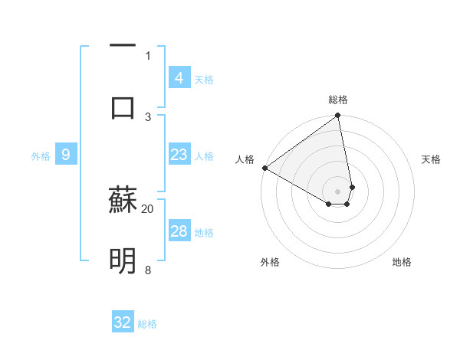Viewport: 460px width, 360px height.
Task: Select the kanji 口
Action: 123,106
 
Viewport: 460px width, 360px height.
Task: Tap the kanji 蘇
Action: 123,201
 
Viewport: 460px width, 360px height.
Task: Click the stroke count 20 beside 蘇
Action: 148,208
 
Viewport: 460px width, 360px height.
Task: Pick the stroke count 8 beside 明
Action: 148,270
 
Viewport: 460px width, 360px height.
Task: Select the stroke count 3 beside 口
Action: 148,116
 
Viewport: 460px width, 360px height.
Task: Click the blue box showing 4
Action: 179,78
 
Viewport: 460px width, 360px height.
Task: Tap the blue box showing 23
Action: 179,155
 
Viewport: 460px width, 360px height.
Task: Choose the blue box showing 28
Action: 179,231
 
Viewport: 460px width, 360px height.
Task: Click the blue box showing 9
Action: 66,155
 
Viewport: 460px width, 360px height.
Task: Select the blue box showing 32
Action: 123,322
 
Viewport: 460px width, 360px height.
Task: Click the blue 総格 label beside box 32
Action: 147,324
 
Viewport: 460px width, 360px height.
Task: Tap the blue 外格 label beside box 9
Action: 41,156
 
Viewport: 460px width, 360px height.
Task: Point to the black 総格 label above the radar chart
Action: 338,100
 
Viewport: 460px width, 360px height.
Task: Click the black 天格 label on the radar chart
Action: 431,159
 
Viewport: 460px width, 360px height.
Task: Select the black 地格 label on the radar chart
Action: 402,262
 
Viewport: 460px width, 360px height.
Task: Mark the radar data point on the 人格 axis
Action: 264,168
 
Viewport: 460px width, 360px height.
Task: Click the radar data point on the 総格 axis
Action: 338,116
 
